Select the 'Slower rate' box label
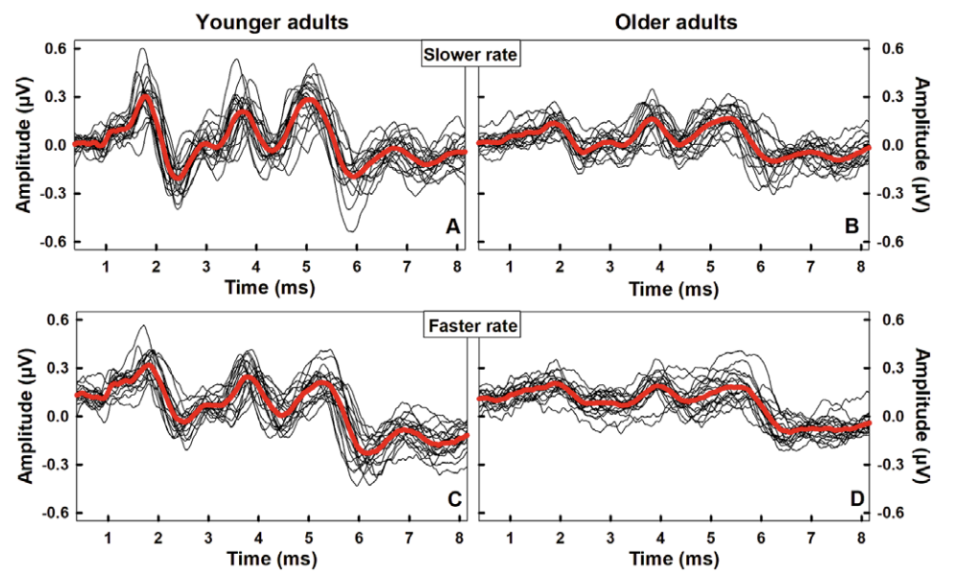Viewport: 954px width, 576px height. pos(471,56)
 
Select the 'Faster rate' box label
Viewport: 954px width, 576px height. pos(471,326)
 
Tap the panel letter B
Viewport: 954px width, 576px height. pos(849,228)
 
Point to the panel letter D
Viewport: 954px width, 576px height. pos(849,498)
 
